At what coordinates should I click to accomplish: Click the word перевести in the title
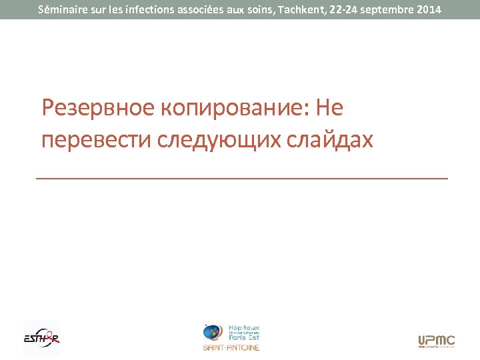(97, 140)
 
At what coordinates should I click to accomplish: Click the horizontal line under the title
(241, 179)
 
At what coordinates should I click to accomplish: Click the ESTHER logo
(41, 339)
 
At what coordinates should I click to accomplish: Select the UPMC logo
(436, 341)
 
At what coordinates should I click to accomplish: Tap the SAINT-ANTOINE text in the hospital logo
(231, 348)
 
